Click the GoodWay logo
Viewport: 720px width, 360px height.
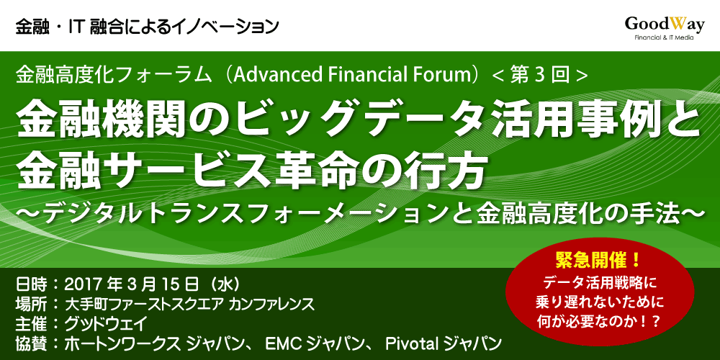point(664,28)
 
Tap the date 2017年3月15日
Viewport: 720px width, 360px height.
point(134,284)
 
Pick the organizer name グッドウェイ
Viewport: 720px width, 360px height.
point(106,323)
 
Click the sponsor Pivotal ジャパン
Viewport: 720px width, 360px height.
point(443,343)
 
